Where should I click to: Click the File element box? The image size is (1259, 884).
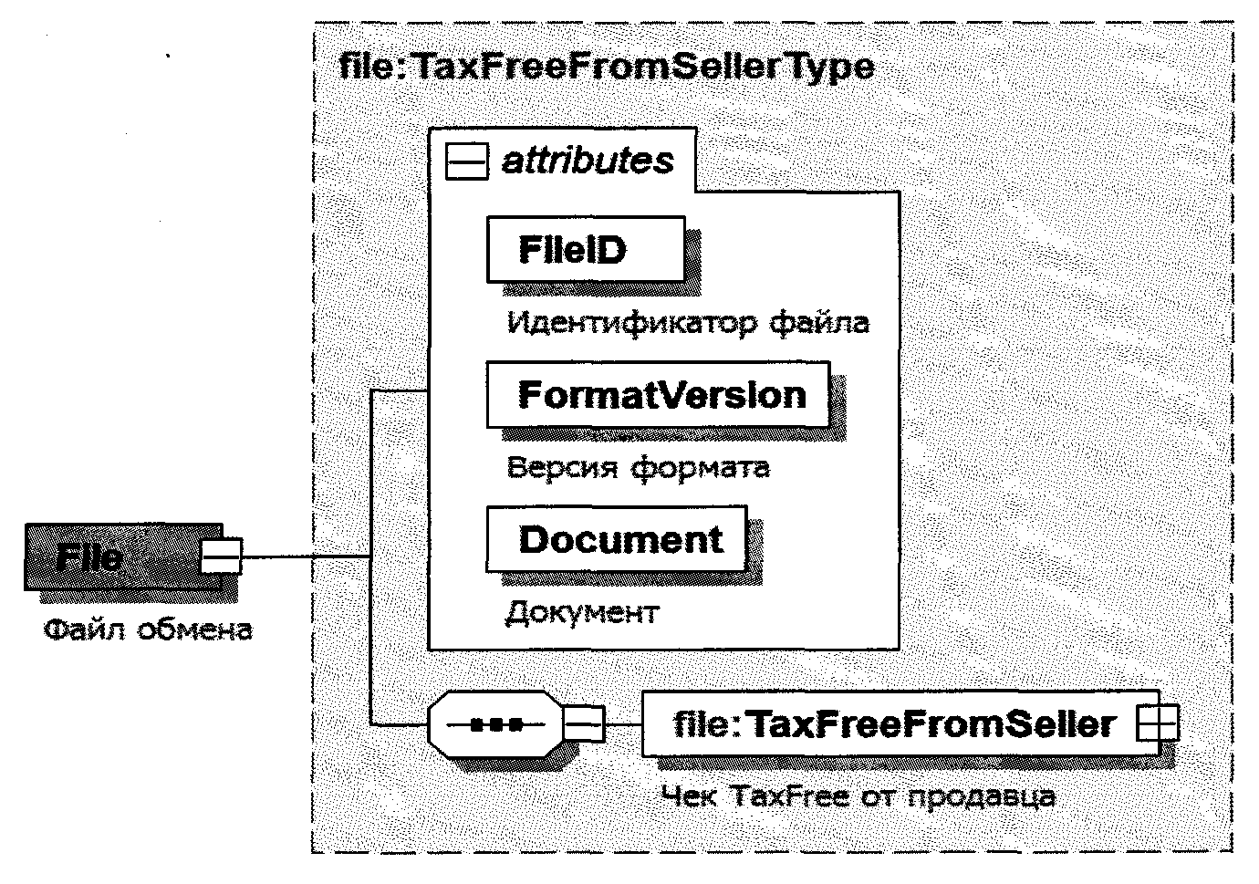click(109, 556)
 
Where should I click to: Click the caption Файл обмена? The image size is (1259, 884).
click(148, 629)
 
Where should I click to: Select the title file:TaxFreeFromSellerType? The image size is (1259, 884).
click(606, 67)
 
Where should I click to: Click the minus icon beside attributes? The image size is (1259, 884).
click(467, 162)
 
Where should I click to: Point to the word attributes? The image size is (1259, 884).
click(588, 161)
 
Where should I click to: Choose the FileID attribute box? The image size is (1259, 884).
click(586, 249)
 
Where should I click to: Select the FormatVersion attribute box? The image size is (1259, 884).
click(659, 395)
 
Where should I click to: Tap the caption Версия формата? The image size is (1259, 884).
click(638, 467)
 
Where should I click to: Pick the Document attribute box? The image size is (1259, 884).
click(618, 539)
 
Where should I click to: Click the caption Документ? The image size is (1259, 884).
click(581, 611)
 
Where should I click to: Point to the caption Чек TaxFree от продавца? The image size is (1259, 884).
click(858, 796)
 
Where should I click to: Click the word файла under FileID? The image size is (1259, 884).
click(820, 322)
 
